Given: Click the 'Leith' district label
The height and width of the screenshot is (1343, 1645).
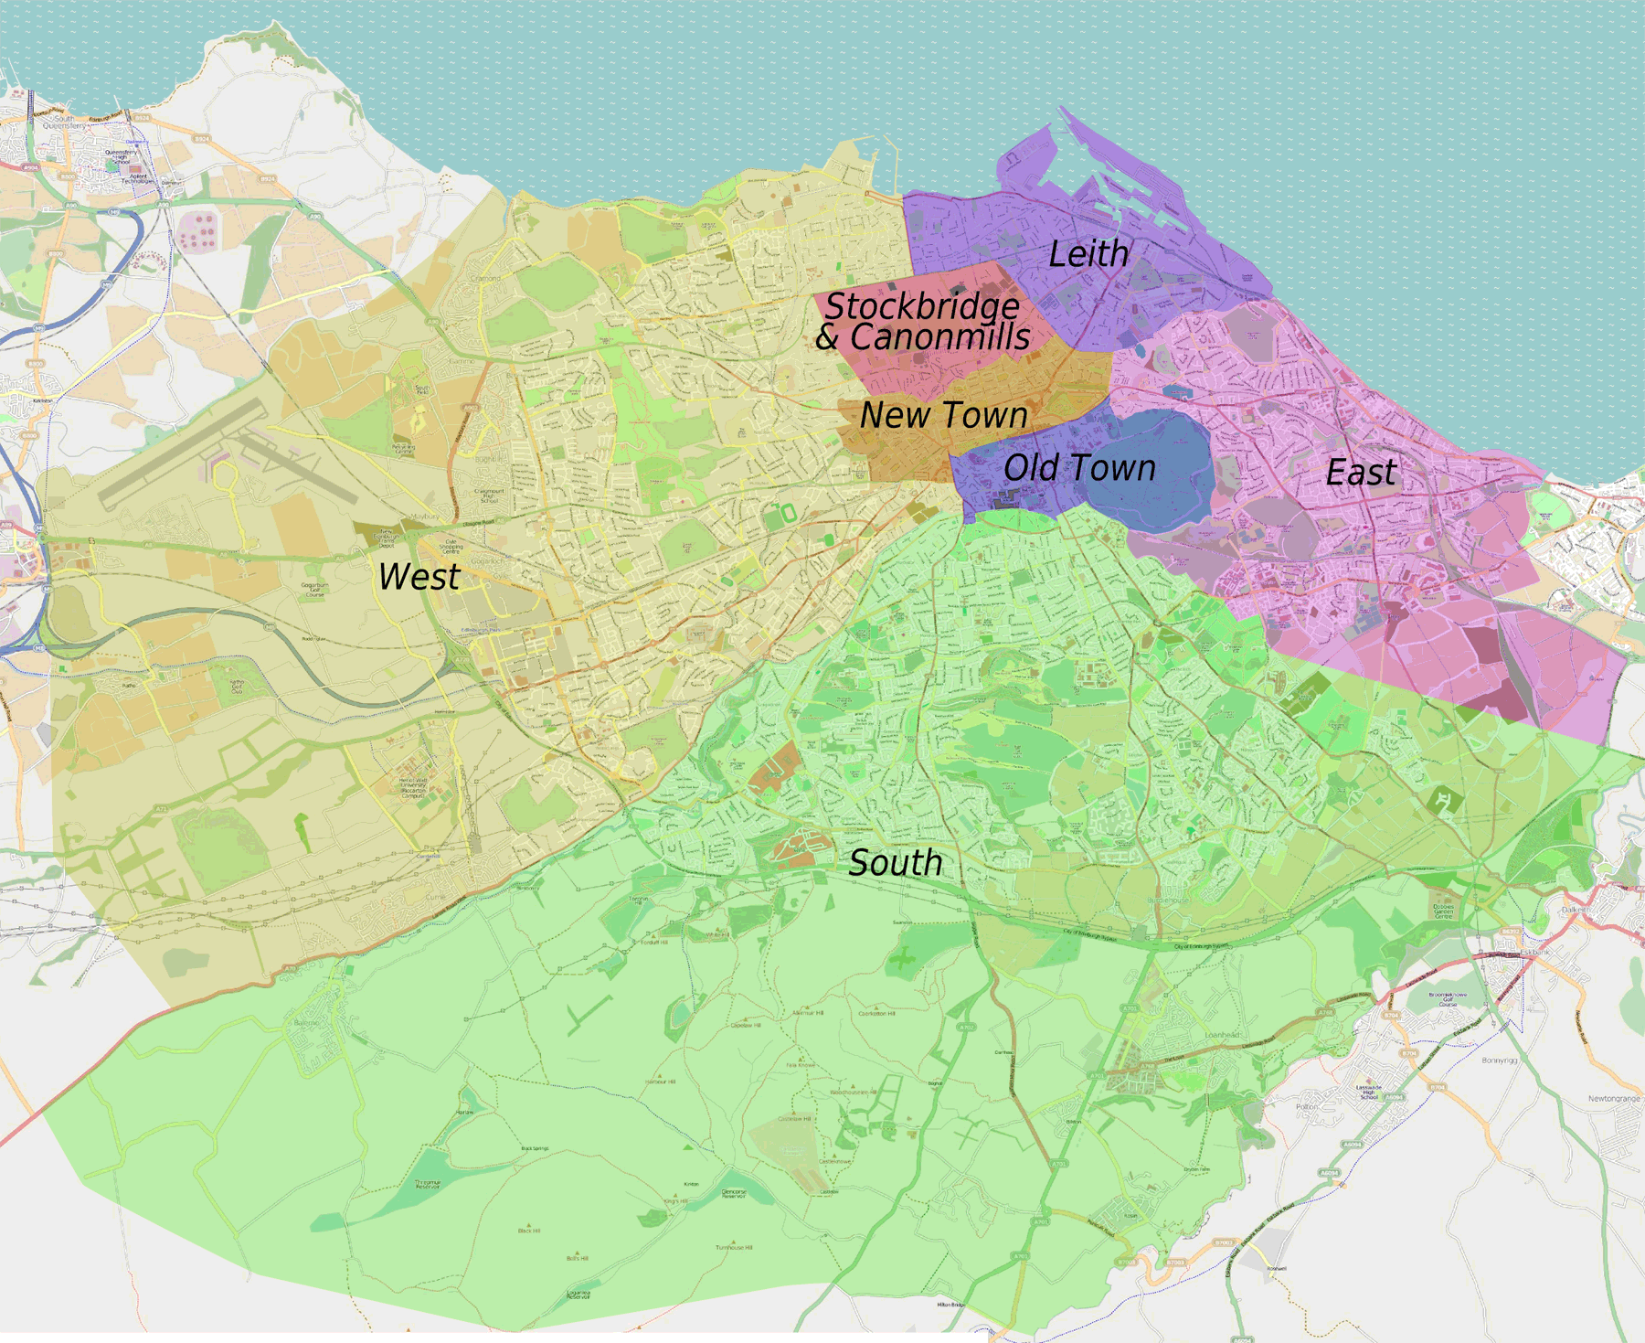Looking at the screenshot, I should (1088, 254).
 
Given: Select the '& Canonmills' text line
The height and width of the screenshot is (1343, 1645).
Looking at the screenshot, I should (923, 337).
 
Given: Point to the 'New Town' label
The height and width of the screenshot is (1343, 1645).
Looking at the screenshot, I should (943, 415).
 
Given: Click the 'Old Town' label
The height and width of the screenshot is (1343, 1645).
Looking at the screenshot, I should (1079, 468).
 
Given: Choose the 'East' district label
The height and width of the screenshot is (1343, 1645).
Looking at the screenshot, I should (1360, 473).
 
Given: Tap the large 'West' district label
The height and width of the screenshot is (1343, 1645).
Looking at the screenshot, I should (419, 577).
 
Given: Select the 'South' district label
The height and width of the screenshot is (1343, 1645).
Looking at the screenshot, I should (895, 863).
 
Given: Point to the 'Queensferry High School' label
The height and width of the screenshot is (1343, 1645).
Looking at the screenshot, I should (120, 156).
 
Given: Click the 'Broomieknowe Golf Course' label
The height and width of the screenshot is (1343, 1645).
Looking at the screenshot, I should (1448, 998).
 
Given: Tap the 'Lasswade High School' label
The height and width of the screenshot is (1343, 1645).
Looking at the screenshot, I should (1368, 1092).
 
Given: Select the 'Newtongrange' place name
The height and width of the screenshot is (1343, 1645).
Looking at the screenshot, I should (1614, 1099).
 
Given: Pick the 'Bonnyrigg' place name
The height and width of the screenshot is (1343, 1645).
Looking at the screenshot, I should (1499, 1061).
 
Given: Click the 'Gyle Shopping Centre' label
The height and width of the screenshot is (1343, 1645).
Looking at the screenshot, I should (451, 547).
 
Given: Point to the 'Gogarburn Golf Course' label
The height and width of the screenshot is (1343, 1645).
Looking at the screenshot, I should (314, 590).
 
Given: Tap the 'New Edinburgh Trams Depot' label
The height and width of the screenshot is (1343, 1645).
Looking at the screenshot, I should (387, 538).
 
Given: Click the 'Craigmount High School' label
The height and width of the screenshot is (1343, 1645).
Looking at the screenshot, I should (488, 496).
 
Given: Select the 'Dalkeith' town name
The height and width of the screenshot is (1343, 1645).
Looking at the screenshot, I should (1575, 910).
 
